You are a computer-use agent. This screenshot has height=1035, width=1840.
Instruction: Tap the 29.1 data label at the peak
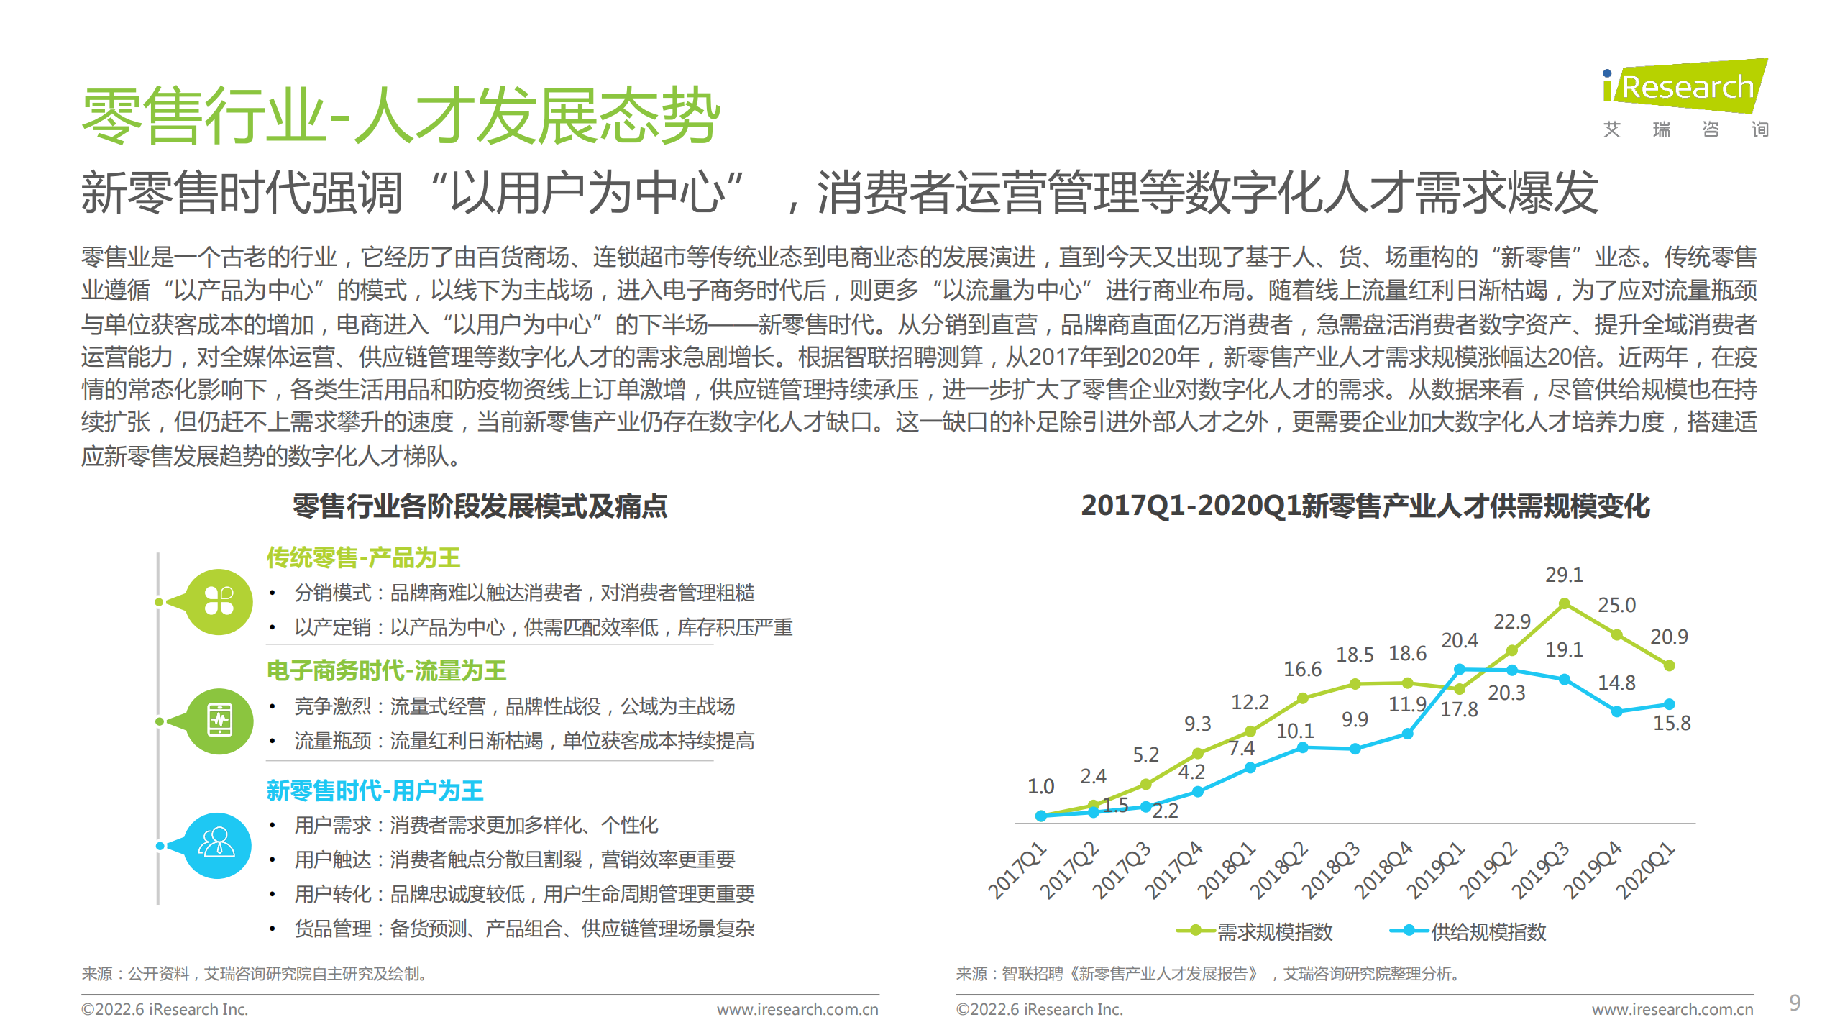click(1564, 575)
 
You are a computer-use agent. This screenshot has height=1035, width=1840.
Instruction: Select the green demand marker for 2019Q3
click(1564, 604)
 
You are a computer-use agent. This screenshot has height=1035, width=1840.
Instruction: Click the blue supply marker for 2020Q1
click(1669, 704)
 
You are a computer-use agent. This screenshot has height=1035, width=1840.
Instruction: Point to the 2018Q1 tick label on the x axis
click(1227, 870)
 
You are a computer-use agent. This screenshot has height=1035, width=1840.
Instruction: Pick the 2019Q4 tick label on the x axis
click(1593, 870)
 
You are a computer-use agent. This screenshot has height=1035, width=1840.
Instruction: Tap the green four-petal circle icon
click(219, 602)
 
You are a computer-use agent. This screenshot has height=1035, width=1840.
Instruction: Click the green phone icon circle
click(219, 721)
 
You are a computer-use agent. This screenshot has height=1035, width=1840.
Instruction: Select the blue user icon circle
click(217, 845)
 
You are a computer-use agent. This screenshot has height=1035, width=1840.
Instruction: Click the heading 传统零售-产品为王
click(363, 557)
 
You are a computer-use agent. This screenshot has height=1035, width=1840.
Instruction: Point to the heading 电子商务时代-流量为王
click(386, 670)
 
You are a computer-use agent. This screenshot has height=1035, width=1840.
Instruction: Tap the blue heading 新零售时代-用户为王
click(375, 790)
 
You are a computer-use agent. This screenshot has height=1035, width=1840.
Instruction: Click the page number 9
click(1795, 1003)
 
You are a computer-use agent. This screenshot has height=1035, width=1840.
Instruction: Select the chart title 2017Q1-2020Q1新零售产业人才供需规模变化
click(1365, 506)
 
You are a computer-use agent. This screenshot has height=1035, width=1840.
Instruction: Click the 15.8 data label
click(1671, 723)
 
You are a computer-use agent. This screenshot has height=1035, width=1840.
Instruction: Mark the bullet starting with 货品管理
click(524, 929)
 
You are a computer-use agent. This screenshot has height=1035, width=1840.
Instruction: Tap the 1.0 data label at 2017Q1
click(1040, 786)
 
